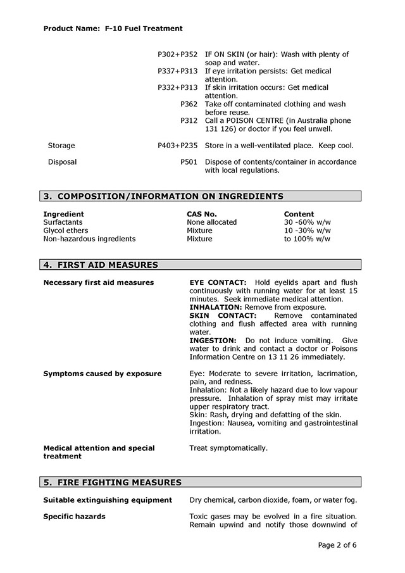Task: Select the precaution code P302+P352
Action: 177,55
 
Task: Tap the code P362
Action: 189,104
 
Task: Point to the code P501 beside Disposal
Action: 189,162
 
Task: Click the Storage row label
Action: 61,146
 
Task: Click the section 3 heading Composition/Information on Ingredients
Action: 163,196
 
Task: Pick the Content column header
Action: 299,214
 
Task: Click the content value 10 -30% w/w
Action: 307,230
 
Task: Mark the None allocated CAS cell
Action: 211,222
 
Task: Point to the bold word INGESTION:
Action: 213,340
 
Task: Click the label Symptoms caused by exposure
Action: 102,374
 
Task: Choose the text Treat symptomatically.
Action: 228,448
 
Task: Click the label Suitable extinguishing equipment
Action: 107,500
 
